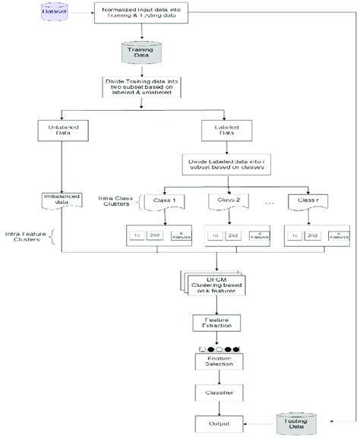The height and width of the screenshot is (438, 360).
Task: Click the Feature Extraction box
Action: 219,323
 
